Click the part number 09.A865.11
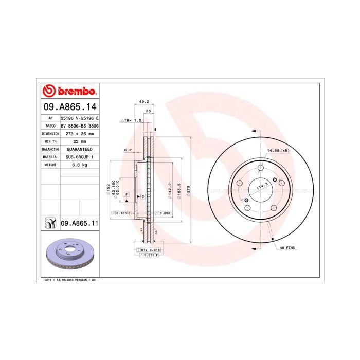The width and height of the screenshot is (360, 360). (x=80, y=224)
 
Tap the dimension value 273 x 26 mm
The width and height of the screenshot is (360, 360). (x=80, y=133)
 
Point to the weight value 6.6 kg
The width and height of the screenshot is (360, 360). (x=80, y=165)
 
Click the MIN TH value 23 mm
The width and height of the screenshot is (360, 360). (x=80, y=141)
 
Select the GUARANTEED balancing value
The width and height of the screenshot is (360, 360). (x=80, y=149)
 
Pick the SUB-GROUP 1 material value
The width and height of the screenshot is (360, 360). (x=80, y=157)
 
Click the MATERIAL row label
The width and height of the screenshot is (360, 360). (x=50, y=157)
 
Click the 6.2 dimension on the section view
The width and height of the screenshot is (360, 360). (x=128, y=150)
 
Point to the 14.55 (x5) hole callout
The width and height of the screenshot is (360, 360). (x=278, y=150)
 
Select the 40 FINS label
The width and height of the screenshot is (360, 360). (x=287, y=248)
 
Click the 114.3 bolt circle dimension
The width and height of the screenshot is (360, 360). (x=263, y=188)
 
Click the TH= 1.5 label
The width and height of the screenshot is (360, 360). (x=131, y=120)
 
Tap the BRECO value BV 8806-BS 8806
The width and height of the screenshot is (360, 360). (x=80, y=125)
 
